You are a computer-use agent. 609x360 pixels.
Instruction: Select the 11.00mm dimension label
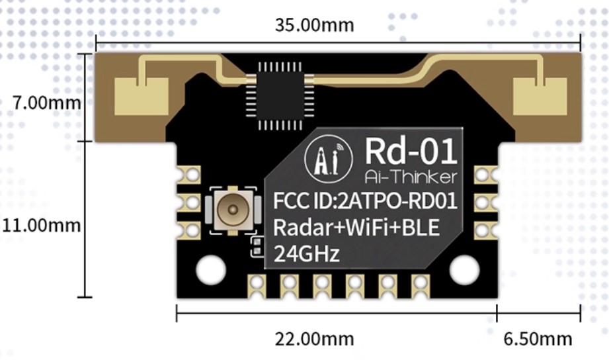click(40, 225)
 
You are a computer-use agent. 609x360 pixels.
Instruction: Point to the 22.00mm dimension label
click(314, 339)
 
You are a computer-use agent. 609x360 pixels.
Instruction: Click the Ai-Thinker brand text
click(410, 177)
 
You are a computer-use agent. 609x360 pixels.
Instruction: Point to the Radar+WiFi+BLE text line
click(356, 228)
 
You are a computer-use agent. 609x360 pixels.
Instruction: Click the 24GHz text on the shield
click(307, 253)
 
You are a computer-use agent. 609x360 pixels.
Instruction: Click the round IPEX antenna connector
click(231, 210)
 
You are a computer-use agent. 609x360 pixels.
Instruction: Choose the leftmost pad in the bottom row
click(256, 285)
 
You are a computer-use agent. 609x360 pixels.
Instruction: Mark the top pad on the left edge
click(190, 175)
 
